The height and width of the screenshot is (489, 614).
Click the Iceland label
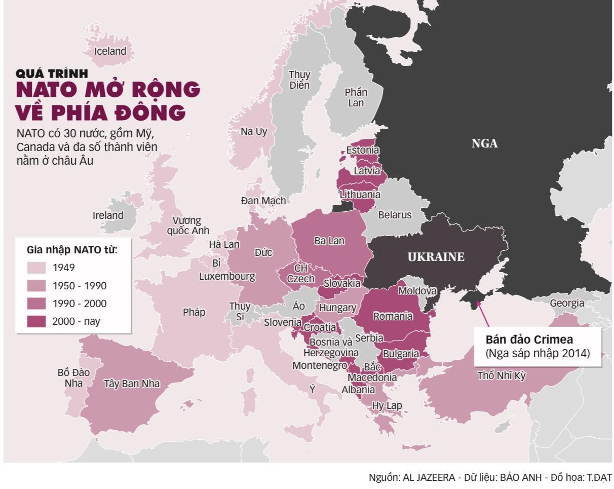[110, 51]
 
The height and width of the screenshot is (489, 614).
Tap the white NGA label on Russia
[484, 143]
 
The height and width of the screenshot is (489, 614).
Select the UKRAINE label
[436, 257]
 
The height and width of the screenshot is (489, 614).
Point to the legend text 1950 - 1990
[80, 286]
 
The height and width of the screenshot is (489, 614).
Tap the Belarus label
[395, 215]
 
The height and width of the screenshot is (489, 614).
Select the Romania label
[393, 316]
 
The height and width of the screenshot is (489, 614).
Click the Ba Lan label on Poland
[329, 241]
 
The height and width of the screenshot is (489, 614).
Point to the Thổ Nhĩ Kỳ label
[502, 376]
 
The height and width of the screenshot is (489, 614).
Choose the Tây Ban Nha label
[132, 384]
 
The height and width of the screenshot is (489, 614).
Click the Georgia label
[566, 304]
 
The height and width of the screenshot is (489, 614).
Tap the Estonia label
[363, 151]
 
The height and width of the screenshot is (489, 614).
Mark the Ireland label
[108, 215]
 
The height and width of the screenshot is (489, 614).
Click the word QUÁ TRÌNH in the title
[52, 74]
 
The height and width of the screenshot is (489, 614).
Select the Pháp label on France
[194, 312]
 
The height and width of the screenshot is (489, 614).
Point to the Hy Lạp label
[387, 405]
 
